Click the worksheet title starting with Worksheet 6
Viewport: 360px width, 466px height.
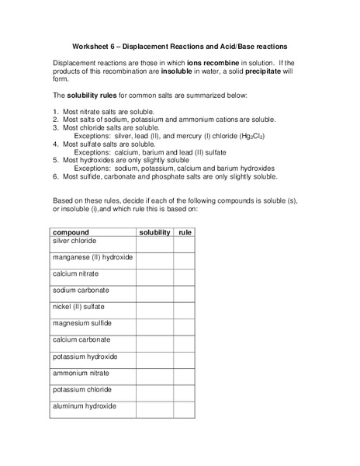(x=180, y=45)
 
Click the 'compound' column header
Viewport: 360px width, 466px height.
(x=71, y=232)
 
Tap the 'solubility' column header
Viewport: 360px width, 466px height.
(x=154, y=232)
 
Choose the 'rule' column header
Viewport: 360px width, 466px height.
(x=184, y=232)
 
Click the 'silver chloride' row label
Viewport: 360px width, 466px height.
(x=74, y=241)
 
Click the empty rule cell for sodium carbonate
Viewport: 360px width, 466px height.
(x=184, y=294)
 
